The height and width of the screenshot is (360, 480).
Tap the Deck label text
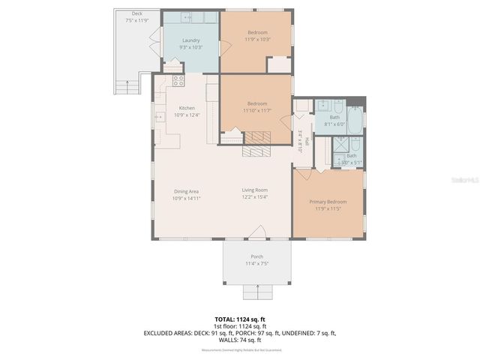pyautogui.click(x=136, y=13)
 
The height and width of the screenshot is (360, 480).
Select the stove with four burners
pyautogui.click(x=178, y=80)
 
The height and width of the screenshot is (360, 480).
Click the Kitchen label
pyautogui.click(x=186, y=108)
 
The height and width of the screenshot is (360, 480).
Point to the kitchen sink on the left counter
pyautogui.click(x=160, y=117)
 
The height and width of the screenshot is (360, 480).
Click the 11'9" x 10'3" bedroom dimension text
pyautogui.click(x=256, y=39)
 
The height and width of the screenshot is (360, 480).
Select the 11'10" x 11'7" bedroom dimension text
pyautogui.click(x=256, y=110)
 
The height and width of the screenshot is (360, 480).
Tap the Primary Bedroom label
pyautogui.click(x=328, y=202)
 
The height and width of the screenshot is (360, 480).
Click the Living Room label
pyautogui.click(x=254, y=190)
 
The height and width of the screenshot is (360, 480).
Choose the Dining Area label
pyautogui.click(x=185, y=190)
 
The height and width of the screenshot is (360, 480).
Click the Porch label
pyautogui.click(x=256, y=257)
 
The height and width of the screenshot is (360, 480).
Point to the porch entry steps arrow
pyautogui.click(x=257, y=290)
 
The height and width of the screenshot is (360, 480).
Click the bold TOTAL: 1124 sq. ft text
pyautogui.click(x=239, y=319)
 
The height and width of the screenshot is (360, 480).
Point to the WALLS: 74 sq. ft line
pyautogui.click(x=240, y=340)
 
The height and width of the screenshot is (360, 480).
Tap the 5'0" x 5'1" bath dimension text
pyautogui.click(x=351, y=162)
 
